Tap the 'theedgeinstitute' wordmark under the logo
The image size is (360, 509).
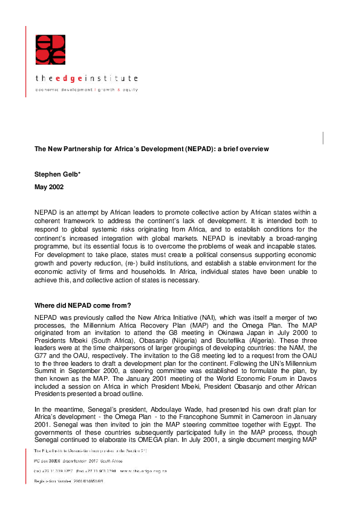coord(87,79)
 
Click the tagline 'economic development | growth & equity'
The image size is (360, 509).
coord(87,89)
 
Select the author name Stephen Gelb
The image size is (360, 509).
coord(55,174)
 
